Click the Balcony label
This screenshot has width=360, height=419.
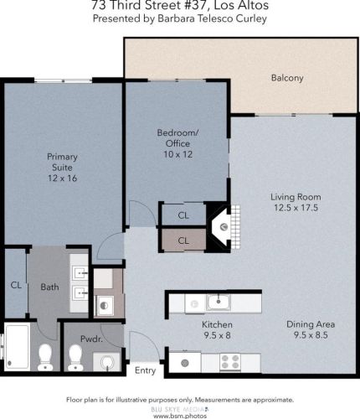click(x=286, y=79)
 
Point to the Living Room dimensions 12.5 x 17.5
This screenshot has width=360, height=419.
click(x=296, y=209)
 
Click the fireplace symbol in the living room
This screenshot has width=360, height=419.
click(x=221, y=225)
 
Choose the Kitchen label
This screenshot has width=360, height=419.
click(x=217, y=324)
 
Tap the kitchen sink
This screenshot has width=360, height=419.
click(x=216, y=301)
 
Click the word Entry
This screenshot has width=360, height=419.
click(x=145, y=370)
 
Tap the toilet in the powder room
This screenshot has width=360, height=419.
click(x=76, y=359)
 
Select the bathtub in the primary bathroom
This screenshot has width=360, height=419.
click(x=17, y=350)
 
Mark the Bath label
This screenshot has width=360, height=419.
click(x=49, y=287)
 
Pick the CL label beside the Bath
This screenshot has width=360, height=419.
click(x=15, y=285)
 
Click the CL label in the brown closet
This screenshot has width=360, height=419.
click(x=183, y=241)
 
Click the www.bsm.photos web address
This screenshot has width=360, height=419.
click(x=179, y=414)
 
